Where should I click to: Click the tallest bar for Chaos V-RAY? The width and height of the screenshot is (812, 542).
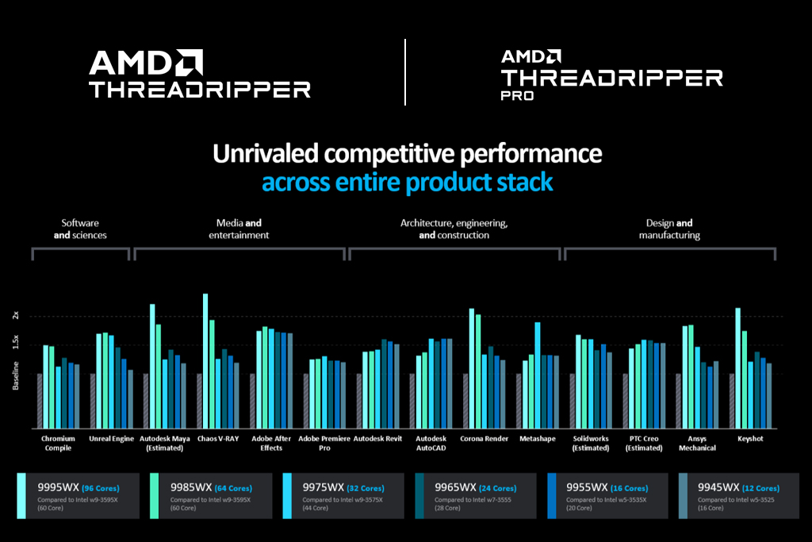[x=205, y=361]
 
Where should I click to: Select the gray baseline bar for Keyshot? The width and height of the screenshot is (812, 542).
[x=732, y=401]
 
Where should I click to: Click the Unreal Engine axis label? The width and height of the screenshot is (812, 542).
[x=112, y=439]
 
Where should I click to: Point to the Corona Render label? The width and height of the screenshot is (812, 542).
[x=483, y=439]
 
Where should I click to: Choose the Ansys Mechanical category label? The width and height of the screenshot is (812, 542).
[x=697, y=443]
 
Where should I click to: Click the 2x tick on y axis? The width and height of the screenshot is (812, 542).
[x=15, y=316]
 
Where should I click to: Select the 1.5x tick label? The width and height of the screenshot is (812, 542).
[x=15, y=342]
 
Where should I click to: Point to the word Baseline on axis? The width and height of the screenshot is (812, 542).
[x=15, y=375]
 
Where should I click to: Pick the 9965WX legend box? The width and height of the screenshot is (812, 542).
[x=475, y=496]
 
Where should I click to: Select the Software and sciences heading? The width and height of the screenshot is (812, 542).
[x=80, y=229]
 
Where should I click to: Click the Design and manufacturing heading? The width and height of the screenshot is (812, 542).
[x=669, y=229]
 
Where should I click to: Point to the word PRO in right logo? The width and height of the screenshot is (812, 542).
[x=517, y=95]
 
